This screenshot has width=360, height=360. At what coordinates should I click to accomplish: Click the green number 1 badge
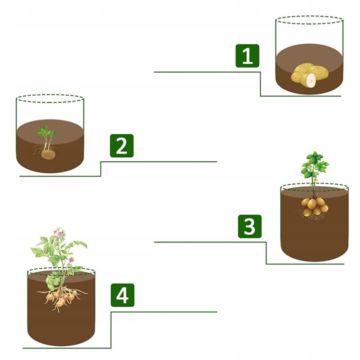(x=247, y=56)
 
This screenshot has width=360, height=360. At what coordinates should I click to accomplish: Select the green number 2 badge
(x=121, y=146)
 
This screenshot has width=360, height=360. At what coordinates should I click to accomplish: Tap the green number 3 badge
(x=250, y=226)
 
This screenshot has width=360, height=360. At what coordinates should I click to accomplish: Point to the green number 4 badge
(x=122, y=295)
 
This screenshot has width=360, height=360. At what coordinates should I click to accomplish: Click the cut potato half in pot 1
(x=308, y=80)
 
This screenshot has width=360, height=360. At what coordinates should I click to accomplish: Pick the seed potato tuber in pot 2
(x=48, y=154)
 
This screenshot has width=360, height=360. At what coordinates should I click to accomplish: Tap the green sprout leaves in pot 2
(x=46, y=131)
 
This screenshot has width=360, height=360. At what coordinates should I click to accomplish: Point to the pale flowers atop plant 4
(x=59, y=231)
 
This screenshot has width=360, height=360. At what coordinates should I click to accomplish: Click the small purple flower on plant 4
(x=71, y=260)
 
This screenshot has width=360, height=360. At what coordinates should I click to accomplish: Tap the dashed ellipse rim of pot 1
(x=309, y=16)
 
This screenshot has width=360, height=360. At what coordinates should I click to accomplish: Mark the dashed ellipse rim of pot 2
(x=50, y=95)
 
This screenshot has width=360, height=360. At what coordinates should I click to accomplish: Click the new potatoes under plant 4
(x=61, y=298)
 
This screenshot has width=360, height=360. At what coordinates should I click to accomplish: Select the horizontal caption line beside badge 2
(x=159, y=162)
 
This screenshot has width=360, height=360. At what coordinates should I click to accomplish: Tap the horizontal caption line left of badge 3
(x=210, y=242)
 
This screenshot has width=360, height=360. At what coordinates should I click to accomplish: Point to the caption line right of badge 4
(x=164, y=312)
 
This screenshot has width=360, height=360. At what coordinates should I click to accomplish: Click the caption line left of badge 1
(x=207, y=72)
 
